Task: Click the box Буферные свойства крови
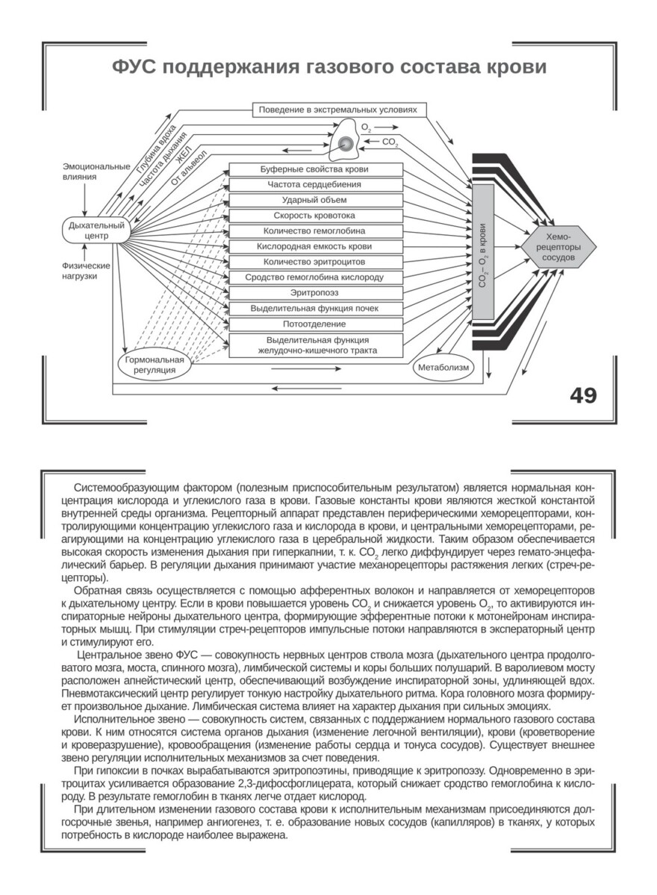coord(316,169)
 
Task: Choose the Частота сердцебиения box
coord(316,184)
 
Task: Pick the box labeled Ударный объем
coord(316,200)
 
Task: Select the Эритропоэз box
coord(316,293)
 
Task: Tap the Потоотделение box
coord(316,324)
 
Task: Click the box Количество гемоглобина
coord(316,231)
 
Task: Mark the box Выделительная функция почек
coord(316,309)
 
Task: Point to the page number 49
coord(583,395)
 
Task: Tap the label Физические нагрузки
coord(87,271)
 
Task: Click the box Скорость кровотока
coord(316,216)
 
